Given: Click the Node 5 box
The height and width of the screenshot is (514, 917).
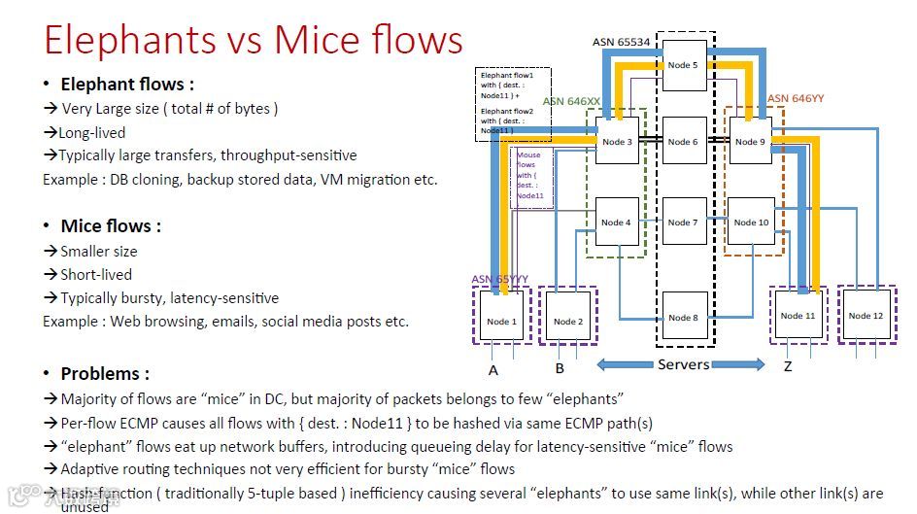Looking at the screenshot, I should coord(684,65).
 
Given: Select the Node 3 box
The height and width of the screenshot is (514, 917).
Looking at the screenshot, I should coord(617,141).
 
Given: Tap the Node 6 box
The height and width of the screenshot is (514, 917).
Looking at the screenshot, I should coord(684,141).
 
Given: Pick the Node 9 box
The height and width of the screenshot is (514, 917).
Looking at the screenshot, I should coord(750,141).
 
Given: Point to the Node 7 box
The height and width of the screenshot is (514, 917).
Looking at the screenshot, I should coord(684,222).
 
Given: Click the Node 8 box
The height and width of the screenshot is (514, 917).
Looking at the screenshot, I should coord(684,317).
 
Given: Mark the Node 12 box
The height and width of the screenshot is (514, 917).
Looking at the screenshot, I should coord(866,314).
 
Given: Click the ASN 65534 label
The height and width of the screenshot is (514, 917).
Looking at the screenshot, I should coord(622,42).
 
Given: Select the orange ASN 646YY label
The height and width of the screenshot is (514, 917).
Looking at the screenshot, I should coord(797,98).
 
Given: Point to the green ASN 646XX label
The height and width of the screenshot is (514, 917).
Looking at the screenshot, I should coord(572,101).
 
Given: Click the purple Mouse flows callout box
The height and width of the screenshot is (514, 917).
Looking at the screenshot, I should coord(529,175).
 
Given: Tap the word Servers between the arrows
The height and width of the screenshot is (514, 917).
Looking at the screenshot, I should coord(683,364).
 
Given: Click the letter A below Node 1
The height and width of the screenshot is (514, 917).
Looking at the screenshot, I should coord(493,368).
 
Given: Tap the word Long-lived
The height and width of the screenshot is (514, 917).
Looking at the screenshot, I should coord(92,132).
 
